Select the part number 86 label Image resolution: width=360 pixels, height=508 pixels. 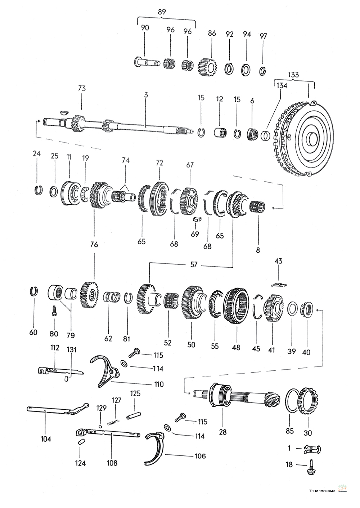[x=212, y=34]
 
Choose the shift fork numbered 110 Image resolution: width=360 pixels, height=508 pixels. [x=106, y=371]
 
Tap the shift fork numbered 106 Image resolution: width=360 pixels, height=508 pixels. [x=156, y=447]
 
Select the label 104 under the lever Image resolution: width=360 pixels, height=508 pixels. [x=46, y=439]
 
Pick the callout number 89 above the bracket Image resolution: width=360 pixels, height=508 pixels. [x=162, y=12]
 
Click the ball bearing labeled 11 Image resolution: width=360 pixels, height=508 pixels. [x=70, y=193]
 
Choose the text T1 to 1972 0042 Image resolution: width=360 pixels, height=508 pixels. [x=322, y=491]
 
